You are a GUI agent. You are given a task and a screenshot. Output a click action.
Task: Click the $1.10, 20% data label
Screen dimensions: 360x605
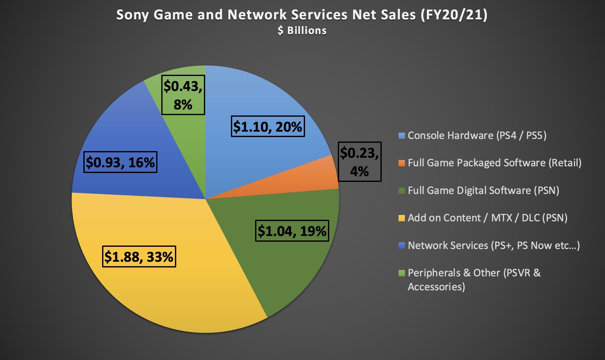(x=268, y=127)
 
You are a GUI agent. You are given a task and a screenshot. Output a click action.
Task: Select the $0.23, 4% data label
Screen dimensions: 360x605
(x=359, y=162)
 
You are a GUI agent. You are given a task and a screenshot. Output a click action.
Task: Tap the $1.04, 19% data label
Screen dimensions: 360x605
(x=292, y=231)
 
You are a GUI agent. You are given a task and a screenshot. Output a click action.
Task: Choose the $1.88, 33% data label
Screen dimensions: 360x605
(x=139, y=256)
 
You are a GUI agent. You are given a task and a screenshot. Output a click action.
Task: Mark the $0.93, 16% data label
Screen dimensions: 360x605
(x=120, y=162)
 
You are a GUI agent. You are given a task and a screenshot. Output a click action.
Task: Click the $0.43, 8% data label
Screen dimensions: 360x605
(x=183, y=95)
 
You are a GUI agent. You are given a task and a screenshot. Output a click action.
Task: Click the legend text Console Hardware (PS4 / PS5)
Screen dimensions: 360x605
(x=477, y=135)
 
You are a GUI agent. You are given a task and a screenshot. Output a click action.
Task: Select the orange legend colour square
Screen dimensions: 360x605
(x=402, y=163)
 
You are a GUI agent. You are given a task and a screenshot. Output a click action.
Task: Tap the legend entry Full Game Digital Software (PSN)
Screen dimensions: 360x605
(x=483, y=190)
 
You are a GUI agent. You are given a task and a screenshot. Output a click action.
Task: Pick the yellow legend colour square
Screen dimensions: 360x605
(x=402, y=218)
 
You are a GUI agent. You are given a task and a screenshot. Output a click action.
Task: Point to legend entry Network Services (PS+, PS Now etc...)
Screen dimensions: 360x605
(x=494, y=246)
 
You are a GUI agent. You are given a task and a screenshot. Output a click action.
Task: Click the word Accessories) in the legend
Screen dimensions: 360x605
(x=436, y=287)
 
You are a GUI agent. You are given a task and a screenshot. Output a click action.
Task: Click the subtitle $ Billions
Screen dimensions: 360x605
(x=302, y=31)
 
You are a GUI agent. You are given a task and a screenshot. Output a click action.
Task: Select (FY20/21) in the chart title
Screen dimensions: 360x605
(x=454, y=15)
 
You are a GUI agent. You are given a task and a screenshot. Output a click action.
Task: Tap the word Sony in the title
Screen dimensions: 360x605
(x=133, y=15)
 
